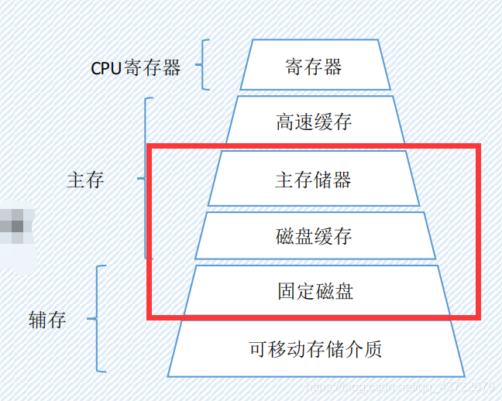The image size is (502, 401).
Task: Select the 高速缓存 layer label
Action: point(313,122)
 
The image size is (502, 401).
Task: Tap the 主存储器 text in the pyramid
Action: point(313,180)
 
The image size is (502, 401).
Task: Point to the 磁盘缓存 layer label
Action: point(313,235)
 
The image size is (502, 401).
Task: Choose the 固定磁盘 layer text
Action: point(315,291)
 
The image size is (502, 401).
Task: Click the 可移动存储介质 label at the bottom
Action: point(315,349)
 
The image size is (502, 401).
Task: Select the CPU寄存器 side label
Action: point(136,68)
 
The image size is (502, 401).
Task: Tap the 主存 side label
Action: point(85,180)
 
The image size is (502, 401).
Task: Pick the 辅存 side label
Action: point(47,320)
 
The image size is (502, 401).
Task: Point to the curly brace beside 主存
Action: point(146,178)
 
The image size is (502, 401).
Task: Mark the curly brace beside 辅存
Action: point(96,318)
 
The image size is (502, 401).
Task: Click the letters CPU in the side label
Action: point(106,68)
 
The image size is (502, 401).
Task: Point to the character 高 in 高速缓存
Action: point(284,122)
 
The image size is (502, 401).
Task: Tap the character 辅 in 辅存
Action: point(37,320)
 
